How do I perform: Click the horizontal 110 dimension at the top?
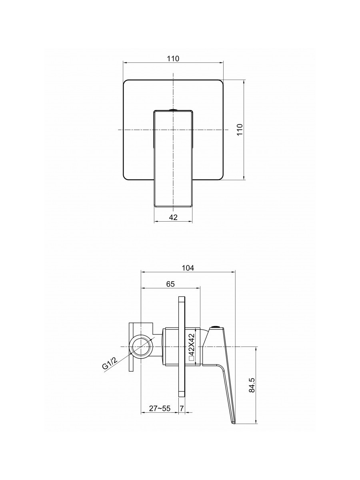pyautogui.click(x=173, y=59)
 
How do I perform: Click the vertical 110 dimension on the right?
pyautogui.click(x=240, y=130)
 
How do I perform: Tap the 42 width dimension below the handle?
pyautogui.click(x=173, y=217)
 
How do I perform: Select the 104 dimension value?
pyautogui.click(x=188, y=268)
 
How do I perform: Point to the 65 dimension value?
pyautogui.click(x=170, y=284)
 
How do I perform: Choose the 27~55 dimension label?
pyautogui.click(x=160, y=408)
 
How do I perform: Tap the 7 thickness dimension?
pyautogui.click(x=182, y=408)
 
